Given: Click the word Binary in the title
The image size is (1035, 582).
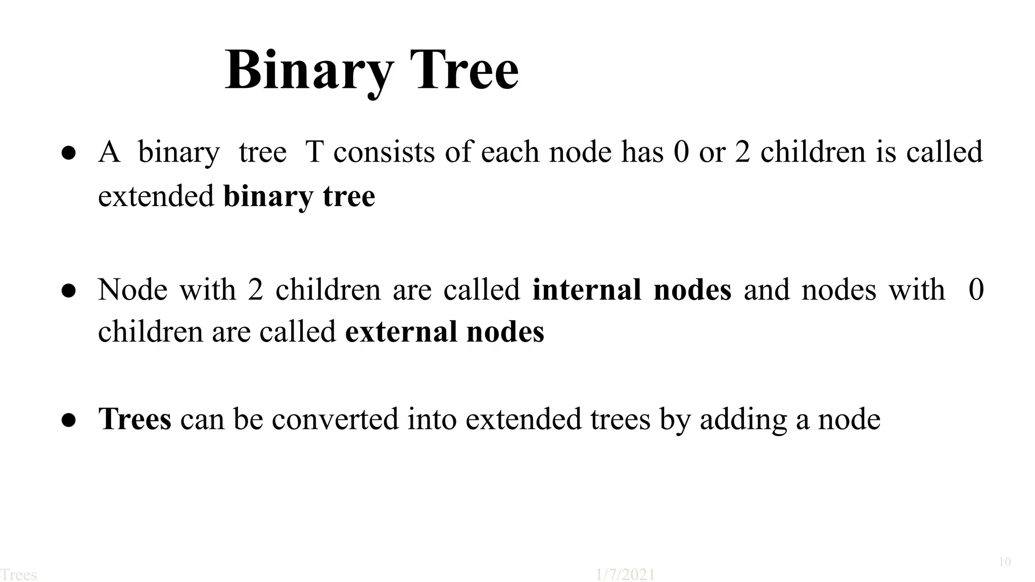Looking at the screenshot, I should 309,71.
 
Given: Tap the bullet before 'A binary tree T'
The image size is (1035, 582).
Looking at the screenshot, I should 69,153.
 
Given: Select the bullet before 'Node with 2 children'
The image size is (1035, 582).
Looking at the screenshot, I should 69,290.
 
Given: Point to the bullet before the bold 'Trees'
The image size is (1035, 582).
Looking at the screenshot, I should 69,420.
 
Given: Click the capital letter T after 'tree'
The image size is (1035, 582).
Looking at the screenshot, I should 314,152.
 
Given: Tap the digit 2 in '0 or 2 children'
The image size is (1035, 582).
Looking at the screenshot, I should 742,152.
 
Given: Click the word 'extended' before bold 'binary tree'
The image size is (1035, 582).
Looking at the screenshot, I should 156,196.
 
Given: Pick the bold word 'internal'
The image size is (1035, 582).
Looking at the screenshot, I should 587,289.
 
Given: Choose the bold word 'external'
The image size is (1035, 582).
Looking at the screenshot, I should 400,332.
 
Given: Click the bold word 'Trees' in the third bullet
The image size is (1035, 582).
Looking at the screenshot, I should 135,419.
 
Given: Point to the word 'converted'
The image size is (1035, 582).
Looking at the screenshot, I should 335,419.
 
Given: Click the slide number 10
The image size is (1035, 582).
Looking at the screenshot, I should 1005,562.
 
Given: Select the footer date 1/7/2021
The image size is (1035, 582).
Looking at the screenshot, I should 625,575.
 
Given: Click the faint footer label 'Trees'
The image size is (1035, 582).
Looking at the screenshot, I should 19,575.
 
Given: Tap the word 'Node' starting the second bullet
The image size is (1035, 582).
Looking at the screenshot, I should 132,289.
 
